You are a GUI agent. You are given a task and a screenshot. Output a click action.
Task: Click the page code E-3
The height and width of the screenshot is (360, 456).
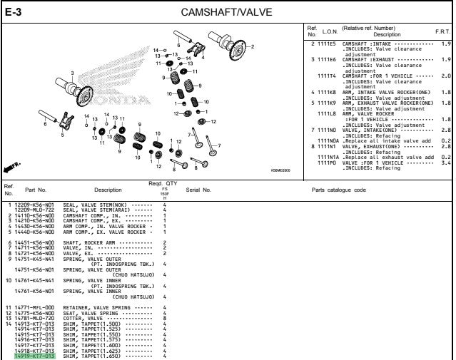(14, 11)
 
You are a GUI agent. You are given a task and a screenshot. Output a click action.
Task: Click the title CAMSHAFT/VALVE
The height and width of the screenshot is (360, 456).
(227, 12)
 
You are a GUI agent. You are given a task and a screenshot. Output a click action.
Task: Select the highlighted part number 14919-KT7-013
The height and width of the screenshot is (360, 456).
(34, 356)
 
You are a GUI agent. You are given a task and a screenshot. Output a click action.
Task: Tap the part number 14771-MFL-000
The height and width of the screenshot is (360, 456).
(34, 307)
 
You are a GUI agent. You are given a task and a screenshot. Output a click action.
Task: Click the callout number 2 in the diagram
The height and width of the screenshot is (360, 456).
(251, 46)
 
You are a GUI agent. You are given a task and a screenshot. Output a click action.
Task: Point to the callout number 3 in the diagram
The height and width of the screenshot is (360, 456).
(72, 72)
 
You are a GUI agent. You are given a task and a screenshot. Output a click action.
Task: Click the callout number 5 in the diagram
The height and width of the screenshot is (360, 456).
(62, 133)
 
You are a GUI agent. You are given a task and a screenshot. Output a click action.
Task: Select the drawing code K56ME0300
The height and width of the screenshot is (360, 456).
(280, 170)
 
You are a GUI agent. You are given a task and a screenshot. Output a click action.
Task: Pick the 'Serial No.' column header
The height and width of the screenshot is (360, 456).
(198, 190)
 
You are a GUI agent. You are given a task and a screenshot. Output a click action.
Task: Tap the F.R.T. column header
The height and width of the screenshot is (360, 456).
(442, 33)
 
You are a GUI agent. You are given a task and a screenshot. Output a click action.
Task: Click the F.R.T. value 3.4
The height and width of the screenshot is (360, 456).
(445, 162)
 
